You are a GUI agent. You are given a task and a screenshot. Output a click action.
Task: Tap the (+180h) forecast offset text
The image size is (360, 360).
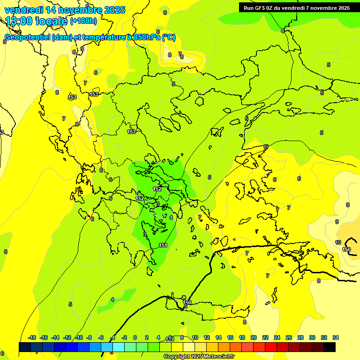(83, 21)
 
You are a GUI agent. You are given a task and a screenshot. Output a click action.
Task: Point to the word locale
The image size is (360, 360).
(52, 21)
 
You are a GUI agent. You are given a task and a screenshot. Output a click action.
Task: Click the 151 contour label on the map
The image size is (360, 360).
(163, 245)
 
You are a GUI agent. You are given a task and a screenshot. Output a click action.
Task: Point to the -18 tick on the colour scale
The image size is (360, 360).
(32, 337)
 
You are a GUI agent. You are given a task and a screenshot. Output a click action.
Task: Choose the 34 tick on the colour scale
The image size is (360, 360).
(336, 337)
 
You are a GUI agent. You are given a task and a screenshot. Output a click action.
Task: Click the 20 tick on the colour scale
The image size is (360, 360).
(254, 337)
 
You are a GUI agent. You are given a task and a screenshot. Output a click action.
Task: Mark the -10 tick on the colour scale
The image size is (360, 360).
(79, 337)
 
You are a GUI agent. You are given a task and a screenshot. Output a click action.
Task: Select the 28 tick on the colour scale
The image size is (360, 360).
(300, 337)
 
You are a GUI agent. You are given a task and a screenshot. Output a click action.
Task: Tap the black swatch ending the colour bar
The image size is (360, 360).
(330, 347)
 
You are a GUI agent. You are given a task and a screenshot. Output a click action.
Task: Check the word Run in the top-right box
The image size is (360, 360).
(248, 8)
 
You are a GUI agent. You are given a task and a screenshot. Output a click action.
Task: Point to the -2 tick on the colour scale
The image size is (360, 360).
(124, 337)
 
